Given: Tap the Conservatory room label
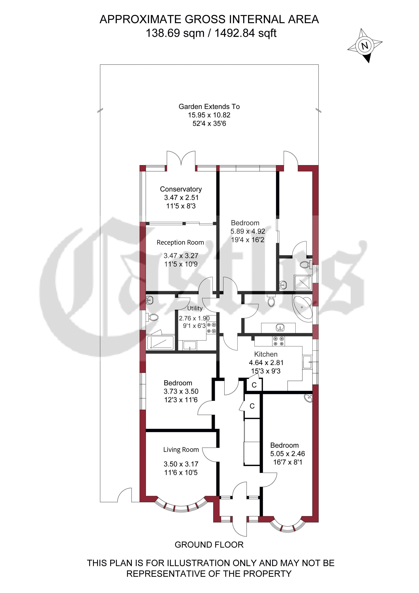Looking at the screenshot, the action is click(181, 189).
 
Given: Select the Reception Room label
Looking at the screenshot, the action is click(180, 243).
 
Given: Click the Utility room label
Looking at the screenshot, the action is click(195, 308).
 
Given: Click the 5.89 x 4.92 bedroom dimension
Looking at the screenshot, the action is click(248, 231).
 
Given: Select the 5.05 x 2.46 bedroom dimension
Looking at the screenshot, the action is click(287, 454).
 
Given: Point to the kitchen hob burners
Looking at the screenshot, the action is click(279, 341).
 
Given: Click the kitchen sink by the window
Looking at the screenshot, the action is click(307, 362).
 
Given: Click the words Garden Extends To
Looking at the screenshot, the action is click(209, 107).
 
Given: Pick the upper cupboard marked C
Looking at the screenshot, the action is click(254, 385).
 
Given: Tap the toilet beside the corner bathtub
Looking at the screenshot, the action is click(271, 300).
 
